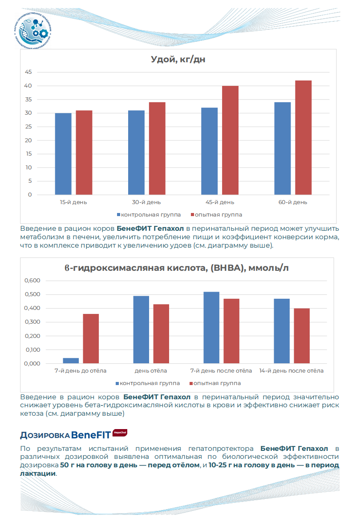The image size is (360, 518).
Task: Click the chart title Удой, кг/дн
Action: click(x=178, y=60)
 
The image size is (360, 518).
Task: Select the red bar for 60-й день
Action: click(x=303, y=137)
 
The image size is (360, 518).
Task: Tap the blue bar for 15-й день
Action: click(x=63, y=154)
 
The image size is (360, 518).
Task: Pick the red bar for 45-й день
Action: click(x=231, y=140)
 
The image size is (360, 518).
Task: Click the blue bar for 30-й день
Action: click(x=136, y=153)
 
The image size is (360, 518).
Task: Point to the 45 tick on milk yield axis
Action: click(x=28, y=72)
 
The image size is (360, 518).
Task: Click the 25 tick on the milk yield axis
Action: click(x=28, y=127)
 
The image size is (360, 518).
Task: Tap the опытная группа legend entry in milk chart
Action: click(x=216, y=215)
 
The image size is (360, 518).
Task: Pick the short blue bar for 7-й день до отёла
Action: click(x=71, y=361)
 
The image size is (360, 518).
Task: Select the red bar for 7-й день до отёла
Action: click(x=91, y=339)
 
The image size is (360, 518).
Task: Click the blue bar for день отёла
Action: click(x=141, y=329)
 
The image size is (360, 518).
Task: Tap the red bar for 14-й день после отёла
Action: click(x=302, y=336)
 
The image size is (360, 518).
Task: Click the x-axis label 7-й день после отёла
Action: click(x=221, y=371)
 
